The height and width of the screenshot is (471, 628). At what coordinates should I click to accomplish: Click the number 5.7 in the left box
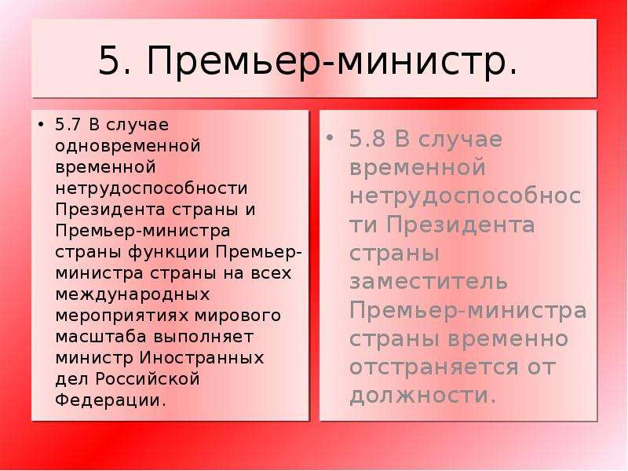(x=68, y=125)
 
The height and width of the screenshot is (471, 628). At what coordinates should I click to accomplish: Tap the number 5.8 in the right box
(x=367, y=139)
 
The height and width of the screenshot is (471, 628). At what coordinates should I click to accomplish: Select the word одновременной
(x=128, y=146)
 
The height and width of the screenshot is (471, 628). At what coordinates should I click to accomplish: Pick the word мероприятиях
(x=122, y=316)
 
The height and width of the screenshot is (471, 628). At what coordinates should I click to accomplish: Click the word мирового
(x=238, y=316)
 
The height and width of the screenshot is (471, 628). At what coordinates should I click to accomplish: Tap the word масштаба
(x=101, y=337)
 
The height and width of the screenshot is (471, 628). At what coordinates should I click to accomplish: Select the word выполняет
(x=203, y=338)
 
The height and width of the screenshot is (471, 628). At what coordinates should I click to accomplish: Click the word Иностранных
(x=202, y=358)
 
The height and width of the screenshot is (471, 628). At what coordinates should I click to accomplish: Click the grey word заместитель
(x=429, y=281)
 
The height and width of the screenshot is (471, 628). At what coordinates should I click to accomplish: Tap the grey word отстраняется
(x=434, y=367)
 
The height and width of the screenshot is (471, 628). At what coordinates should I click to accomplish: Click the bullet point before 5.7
(x=40, y=125)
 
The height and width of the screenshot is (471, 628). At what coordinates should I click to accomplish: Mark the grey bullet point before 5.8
(x=330, y=139)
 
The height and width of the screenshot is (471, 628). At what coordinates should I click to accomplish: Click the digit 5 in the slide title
(x=110, y=60)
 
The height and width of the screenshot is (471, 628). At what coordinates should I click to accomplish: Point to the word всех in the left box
(x=271, y=273)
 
